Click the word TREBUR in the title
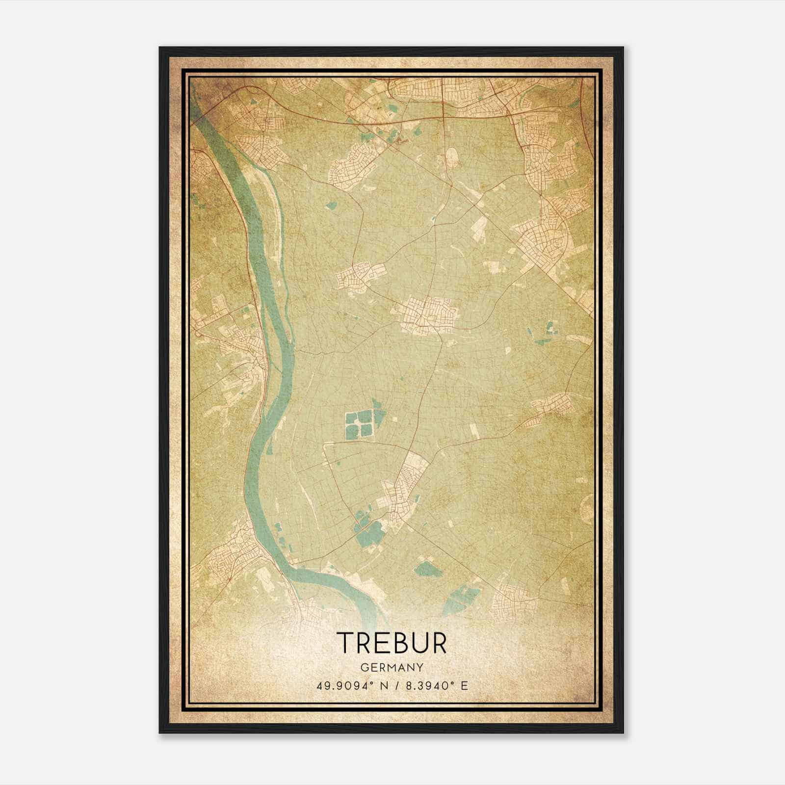pos(392,643)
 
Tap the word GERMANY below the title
pos(392,667)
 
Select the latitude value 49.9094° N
pos(353,685)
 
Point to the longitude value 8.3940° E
pos(436,685)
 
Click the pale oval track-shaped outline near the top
pos(452,157)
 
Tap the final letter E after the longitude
pos(464,685)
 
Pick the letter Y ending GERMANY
pos(420,667)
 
